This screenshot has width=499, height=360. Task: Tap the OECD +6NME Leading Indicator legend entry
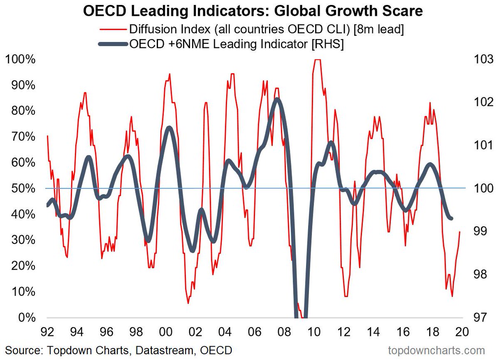(x=237, y=44)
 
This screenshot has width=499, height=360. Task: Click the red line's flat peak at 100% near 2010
(x=317, y=60)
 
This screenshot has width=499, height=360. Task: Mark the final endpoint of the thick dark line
(x=451, y=218)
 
